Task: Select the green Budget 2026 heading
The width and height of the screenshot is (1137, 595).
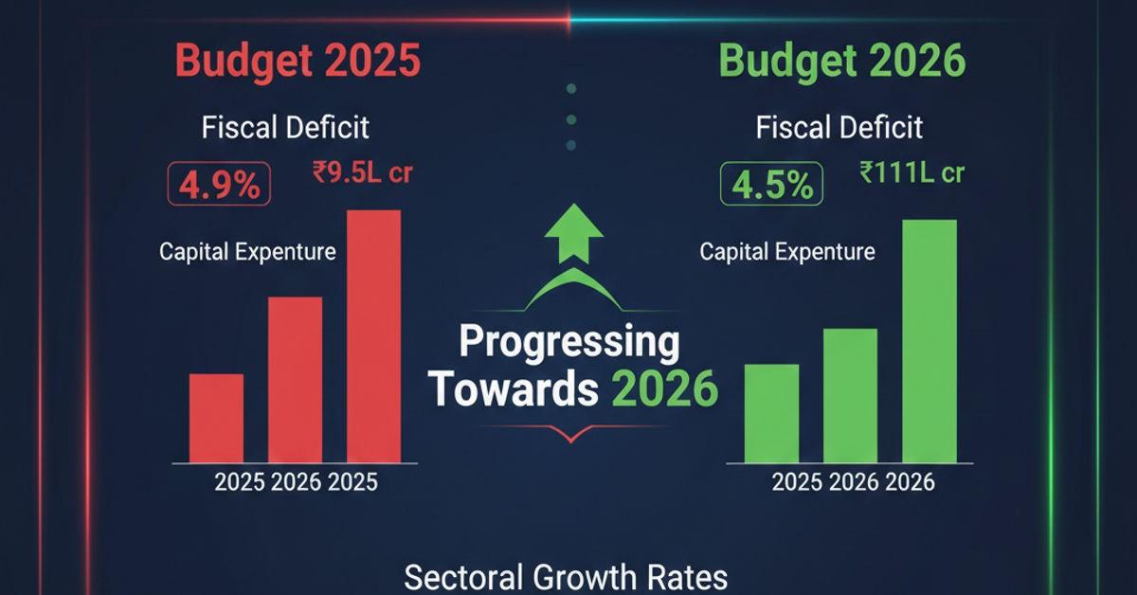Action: click(841, 62)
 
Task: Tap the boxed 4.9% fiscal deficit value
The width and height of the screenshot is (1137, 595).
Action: click(220, 185)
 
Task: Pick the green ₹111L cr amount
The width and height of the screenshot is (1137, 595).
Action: click(912, 173)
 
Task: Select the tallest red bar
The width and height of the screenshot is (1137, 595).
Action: click(373, 335)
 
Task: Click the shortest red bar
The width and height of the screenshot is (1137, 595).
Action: click(216, 417)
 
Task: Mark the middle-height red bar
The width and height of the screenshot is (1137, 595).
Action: click(295, 379)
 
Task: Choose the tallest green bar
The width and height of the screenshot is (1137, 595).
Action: click(929, 341)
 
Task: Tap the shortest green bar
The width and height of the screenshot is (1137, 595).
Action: click(771, 413)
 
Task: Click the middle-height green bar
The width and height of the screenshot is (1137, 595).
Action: click(850, 395)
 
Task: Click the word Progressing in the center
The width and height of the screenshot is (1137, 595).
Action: click(568, 343)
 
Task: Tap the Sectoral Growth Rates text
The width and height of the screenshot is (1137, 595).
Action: click(566, 576)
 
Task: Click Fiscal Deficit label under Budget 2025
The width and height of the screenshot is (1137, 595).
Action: click(285, 128)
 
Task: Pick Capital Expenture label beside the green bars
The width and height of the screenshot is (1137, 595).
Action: click(787, 252)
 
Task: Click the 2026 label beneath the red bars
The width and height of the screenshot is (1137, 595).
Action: click(297, 482)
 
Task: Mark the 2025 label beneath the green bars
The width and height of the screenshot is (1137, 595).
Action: click(798, 482)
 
